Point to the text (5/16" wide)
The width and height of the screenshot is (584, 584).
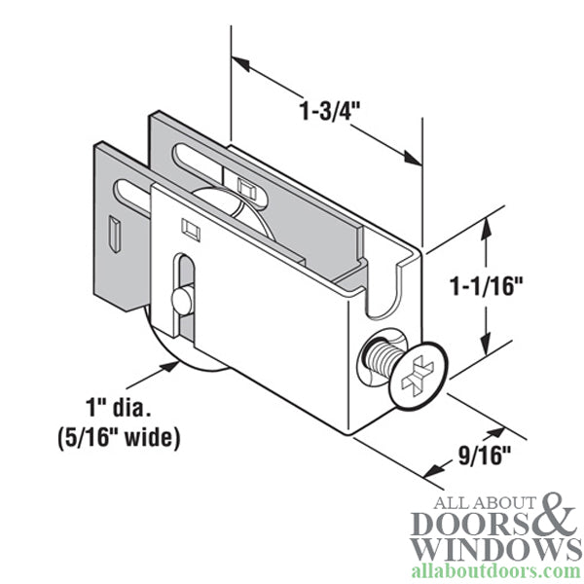click(119, 437)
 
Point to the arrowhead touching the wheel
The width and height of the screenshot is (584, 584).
click(172, 366)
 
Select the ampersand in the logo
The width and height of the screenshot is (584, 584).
click(555, 516)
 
